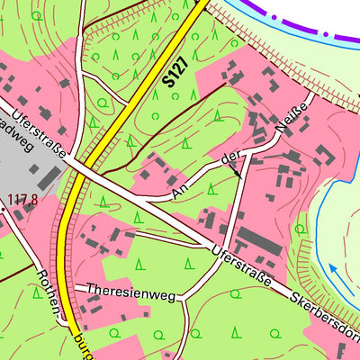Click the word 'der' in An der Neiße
click(231, 160)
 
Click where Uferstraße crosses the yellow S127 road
click(82, 169)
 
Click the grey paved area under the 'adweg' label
click(31, 166)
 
